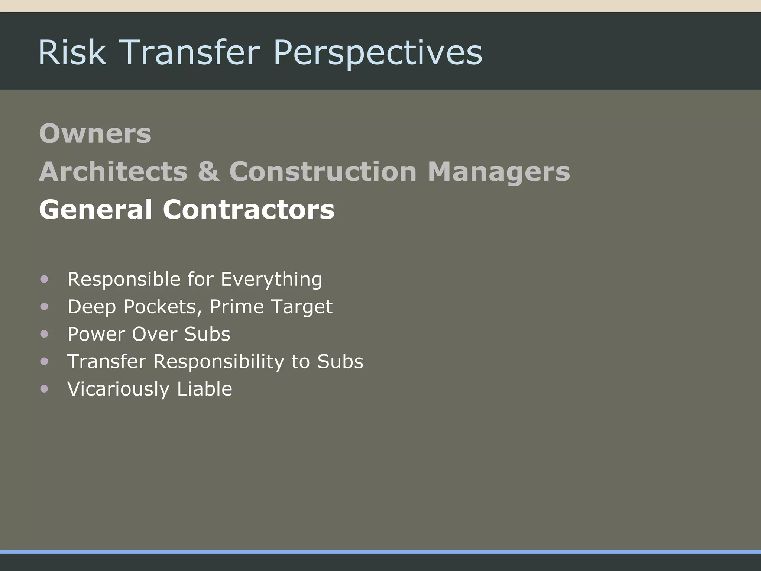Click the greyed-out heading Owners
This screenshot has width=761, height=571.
coord(95,133)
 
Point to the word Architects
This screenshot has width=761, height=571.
coord(113,171)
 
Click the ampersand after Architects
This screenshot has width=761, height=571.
coord(209,171)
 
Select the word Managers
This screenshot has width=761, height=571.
coord(499,171)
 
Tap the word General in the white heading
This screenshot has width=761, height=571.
coord(95,209)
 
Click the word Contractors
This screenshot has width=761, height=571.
coord(249,209)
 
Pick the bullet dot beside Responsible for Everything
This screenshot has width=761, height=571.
coord(44,279)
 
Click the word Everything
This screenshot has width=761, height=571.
coord(271,279)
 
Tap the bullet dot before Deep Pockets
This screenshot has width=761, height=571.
coord(44,307)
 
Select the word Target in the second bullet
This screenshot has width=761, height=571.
coord(302,307)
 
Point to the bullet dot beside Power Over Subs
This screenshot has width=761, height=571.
coord(44,334)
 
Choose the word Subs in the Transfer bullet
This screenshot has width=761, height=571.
coord(340,361)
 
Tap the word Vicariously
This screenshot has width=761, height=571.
coord(119,389)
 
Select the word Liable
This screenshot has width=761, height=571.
coord(204,389)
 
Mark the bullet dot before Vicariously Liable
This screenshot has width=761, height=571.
coord(44,389)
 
